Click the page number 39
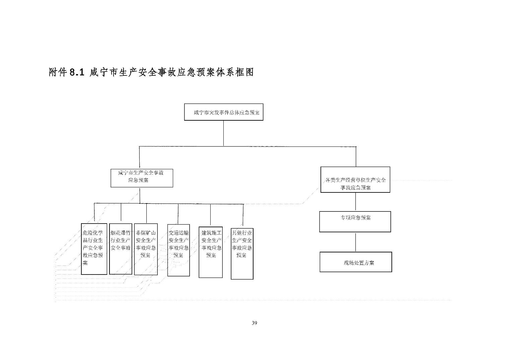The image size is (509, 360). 254,323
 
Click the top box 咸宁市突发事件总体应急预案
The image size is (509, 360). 224,112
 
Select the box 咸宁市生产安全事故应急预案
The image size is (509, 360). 142,178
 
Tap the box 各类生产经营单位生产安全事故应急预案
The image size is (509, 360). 355,180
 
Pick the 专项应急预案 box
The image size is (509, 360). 355,222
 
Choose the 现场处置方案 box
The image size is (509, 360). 356,262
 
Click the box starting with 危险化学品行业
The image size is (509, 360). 94,249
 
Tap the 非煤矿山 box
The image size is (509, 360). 146,249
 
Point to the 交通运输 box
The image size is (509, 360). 178,250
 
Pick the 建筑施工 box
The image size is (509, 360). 211,252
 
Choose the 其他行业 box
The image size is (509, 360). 242,253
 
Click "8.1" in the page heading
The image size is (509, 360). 76,72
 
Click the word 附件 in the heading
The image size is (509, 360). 58,72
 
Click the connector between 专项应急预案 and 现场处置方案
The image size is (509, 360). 356,242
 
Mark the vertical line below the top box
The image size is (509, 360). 224,133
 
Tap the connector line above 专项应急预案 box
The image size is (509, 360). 356,202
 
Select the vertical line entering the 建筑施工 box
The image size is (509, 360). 211,215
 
